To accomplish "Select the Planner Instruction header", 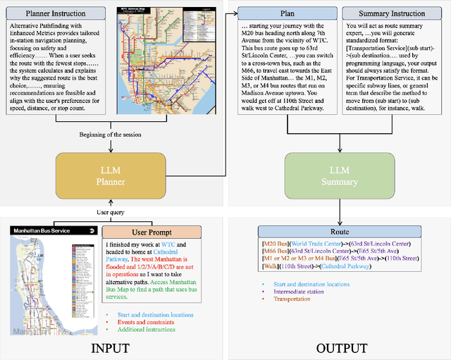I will click(57, 13).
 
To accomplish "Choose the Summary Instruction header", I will click(391, 13).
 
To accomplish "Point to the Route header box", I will click(341, 232).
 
